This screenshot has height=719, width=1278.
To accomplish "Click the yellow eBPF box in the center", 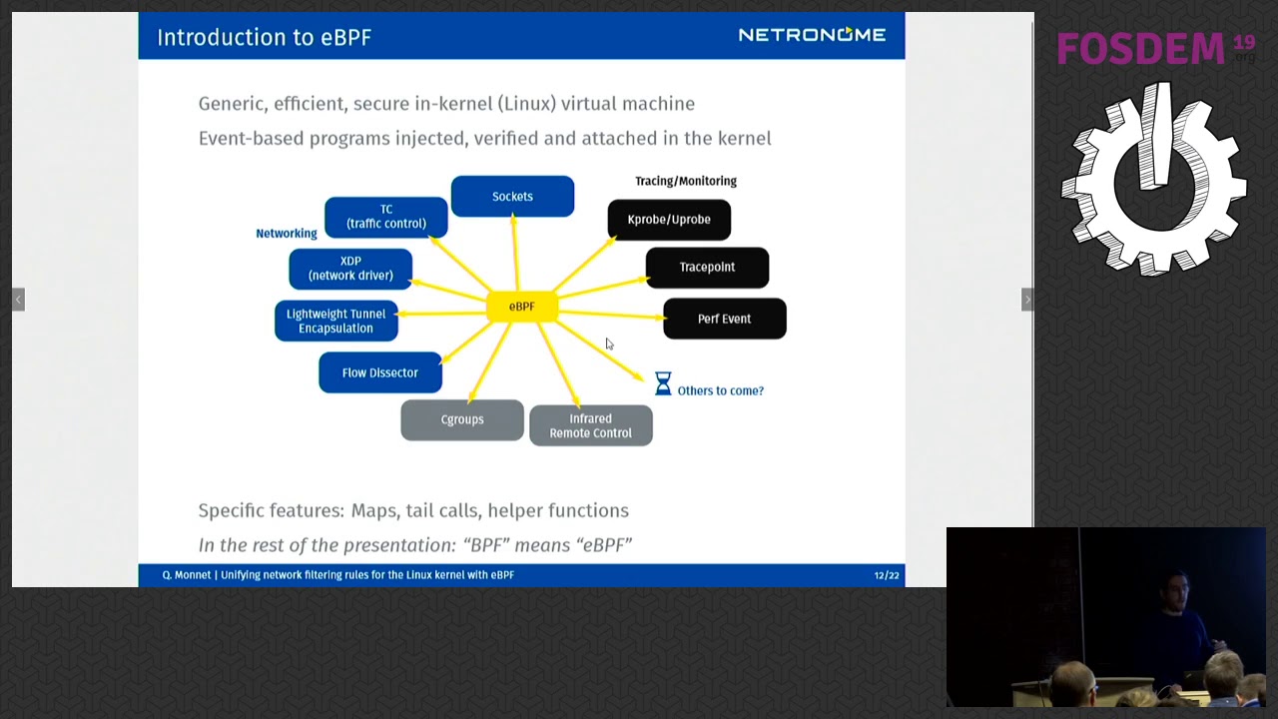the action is (x=522, y=307).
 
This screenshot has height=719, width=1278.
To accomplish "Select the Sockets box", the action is (x=512, y=197).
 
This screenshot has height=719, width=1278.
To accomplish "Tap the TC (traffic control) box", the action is (x=386, y=217).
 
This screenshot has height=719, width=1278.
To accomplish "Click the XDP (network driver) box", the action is (x=350, y=269).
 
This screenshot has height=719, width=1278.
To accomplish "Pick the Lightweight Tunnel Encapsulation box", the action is (x=336, y=321).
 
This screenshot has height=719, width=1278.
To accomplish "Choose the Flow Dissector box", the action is (x=380, y=372).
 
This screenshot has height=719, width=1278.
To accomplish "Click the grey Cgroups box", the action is (x=462, y=420).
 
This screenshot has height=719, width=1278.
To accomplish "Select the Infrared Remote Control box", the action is (x=590, y=425).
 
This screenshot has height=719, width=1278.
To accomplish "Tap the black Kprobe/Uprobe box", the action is (x=669, y=220).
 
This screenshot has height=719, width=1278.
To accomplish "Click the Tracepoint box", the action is (x=707, y=267).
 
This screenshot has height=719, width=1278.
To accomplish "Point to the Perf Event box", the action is (x=725, y=319).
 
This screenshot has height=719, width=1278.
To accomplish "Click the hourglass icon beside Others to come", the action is (x=663, y=383).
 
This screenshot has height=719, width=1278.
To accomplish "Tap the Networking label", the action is (x=287, y=234).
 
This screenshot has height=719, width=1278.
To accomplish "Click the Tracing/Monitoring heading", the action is (x=686, y=181).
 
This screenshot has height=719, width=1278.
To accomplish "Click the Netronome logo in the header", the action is (x=812, y=35).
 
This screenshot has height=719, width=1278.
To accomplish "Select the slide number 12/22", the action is (x=887, y=575).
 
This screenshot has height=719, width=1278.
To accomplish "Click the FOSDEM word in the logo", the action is (x=1140, y=49).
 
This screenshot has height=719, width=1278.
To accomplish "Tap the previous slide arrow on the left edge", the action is (x=18, y=300).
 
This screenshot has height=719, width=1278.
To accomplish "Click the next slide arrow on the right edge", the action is (x=1027, y=300).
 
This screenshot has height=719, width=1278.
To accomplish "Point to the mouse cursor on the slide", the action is (x=609, y=344).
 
